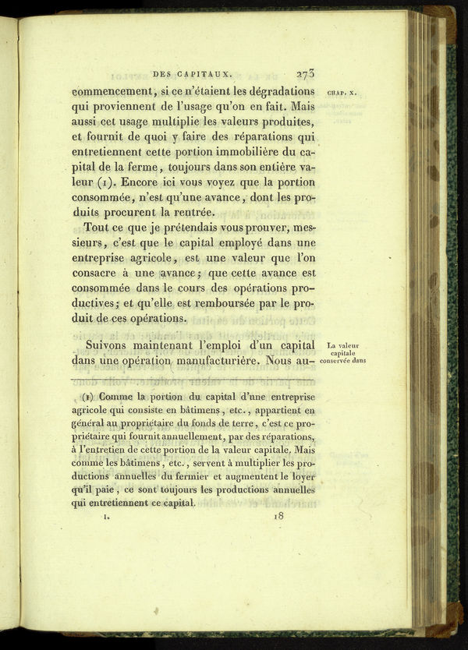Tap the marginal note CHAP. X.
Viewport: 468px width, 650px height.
click(342, 92)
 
